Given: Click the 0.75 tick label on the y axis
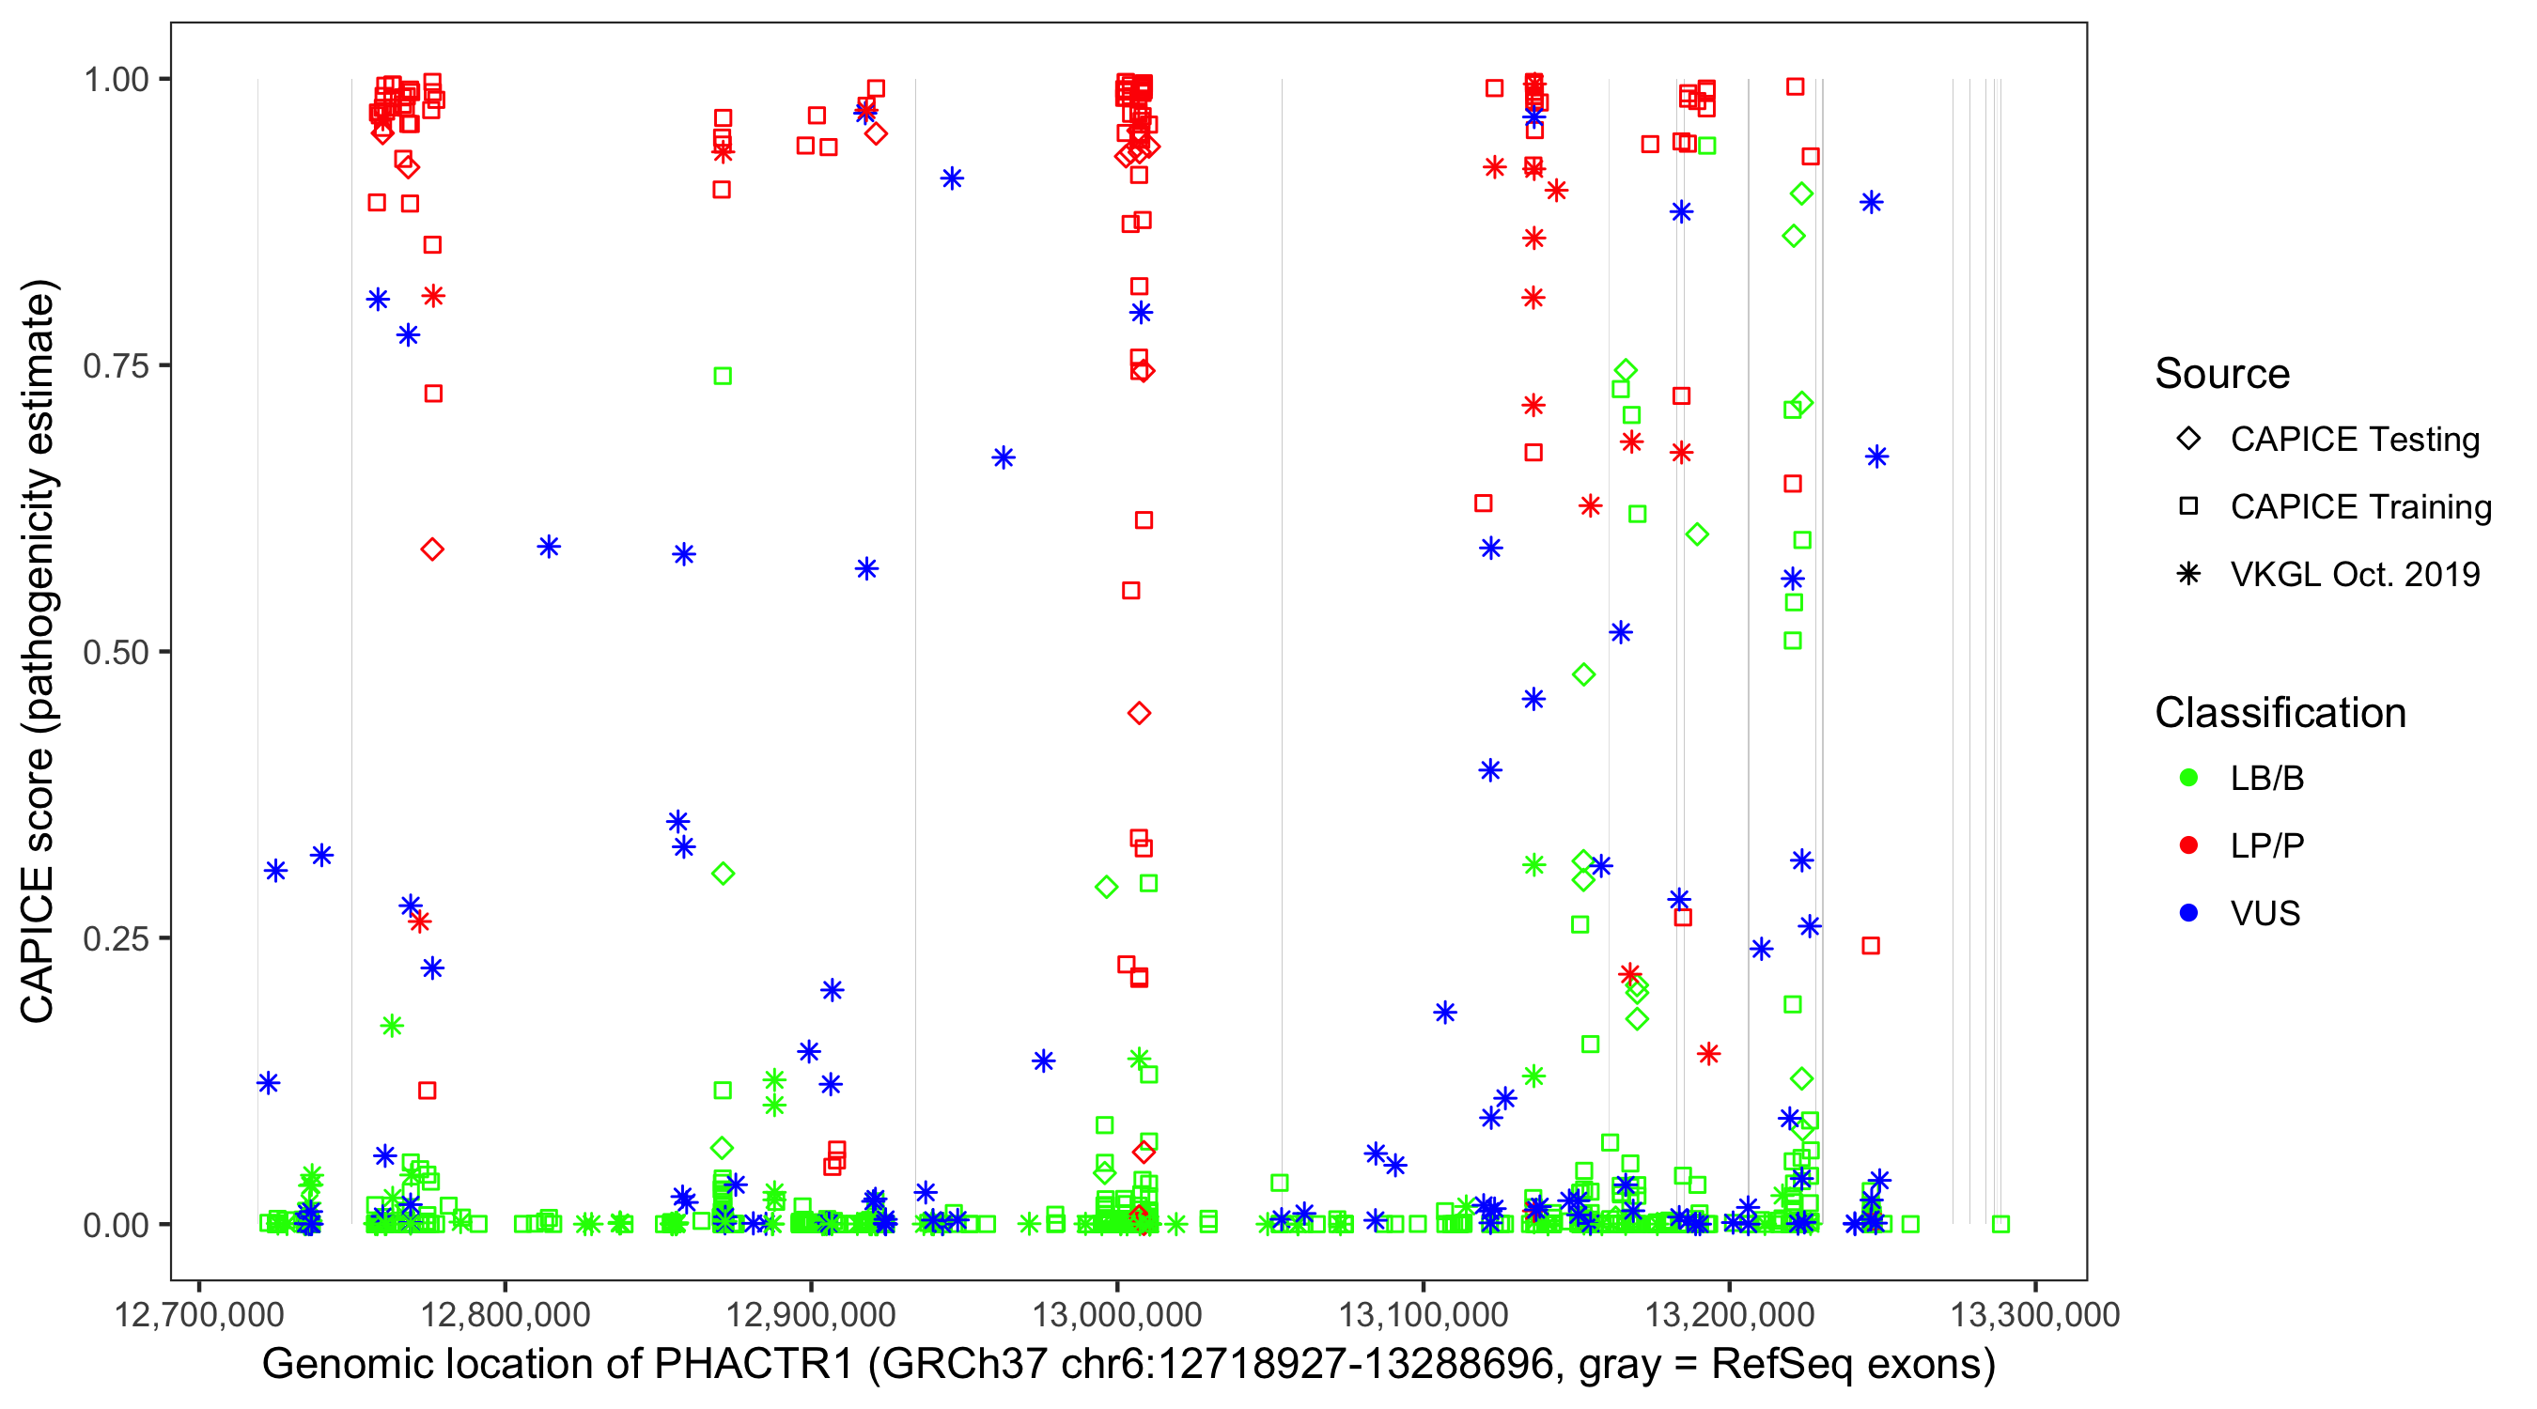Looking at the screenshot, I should pyautogui.click(x=115, y=366).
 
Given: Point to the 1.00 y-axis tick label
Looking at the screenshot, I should pyautogui.click(x=115, y=80).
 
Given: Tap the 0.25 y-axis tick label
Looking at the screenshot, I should pyautogui.click(x=115, y=938).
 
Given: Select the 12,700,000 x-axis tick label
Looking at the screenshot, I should pyautogui.click(x=199, y=1314).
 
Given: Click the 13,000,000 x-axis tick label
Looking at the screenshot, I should pyautogui.click(x=1117, y=1314).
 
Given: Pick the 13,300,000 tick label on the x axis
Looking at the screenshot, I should pyautogui.click(x=2034, y=1314).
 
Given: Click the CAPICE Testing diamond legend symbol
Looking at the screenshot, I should pyautogui.click(x=2188, y=440).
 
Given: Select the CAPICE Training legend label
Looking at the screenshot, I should pyautogui.click(x=2360, y=507).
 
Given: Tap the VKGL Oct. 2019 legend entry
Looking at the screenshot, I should pyautogui.click(x=2355, y=575).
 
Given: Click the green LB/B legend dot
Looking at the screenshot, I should pyautogui.click(x=2188, y=779).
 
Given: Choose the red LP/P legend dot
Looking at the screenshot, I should pyautogui.click(x=2188, y=845).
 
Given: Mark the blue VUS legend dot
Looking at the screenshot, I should pyautogui.click(x=2188, y=914).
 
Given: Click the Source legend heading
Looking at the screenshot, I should pyautogui.click(x=2222, y=374).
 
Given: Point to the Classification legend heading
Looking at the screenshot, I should pyautogui.click(x=2280, y=713).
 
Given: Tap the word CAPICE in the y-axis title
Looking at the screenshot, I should pyautogui.click(x=38, y=945).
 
